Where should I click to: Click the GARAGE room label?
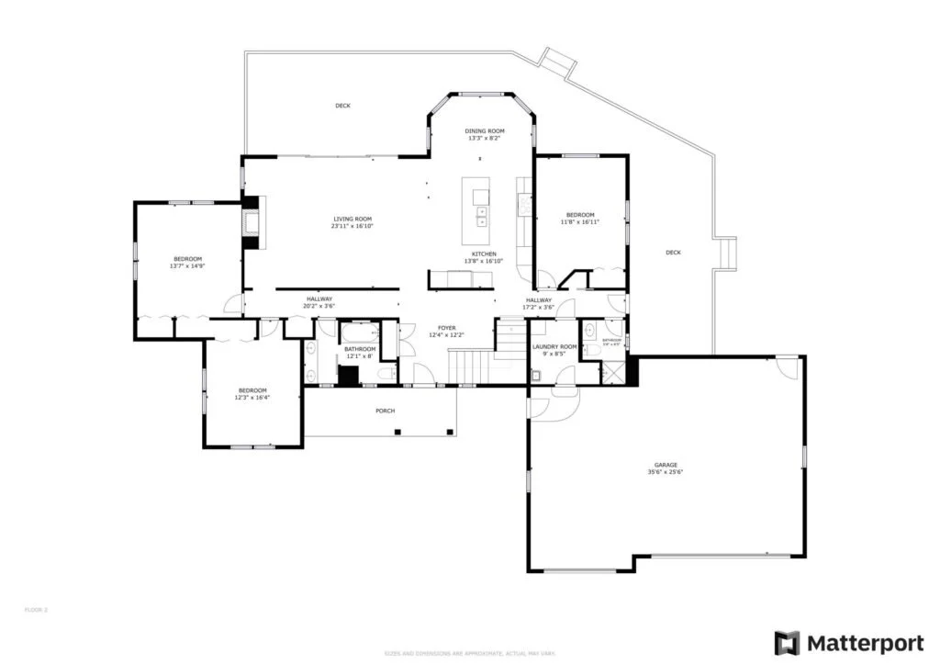coord(666,465)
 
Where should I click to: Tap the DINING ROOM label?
coord(485,131)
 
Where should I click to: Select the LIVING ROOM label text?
coord(352,219)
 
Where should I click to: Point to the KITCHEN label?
coord(484,254)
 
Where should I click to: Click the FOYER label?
coord(447,328)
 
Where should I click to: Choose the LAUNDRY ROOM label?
coord(554,346)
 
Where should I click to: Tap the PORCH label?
coord(386,411)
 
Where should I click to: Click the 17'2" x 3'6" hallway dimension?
coord(539,308)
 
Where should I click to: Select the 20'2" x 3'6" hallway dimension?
coord(319,306)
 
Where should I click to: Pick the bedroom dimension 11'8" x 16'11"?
coord(580,222)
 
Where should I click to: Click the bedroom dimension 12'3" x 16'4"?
coord(252,398)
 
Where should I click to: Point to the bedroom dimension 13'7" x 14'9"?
coord(186,266)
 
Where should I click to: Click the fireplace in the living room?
coord(251,221)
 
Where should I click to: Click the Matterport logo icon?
coord(787,642)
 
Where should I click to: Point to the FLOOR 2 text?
coord(35,609)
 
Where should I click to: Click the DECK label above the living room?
coord(342,106)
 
